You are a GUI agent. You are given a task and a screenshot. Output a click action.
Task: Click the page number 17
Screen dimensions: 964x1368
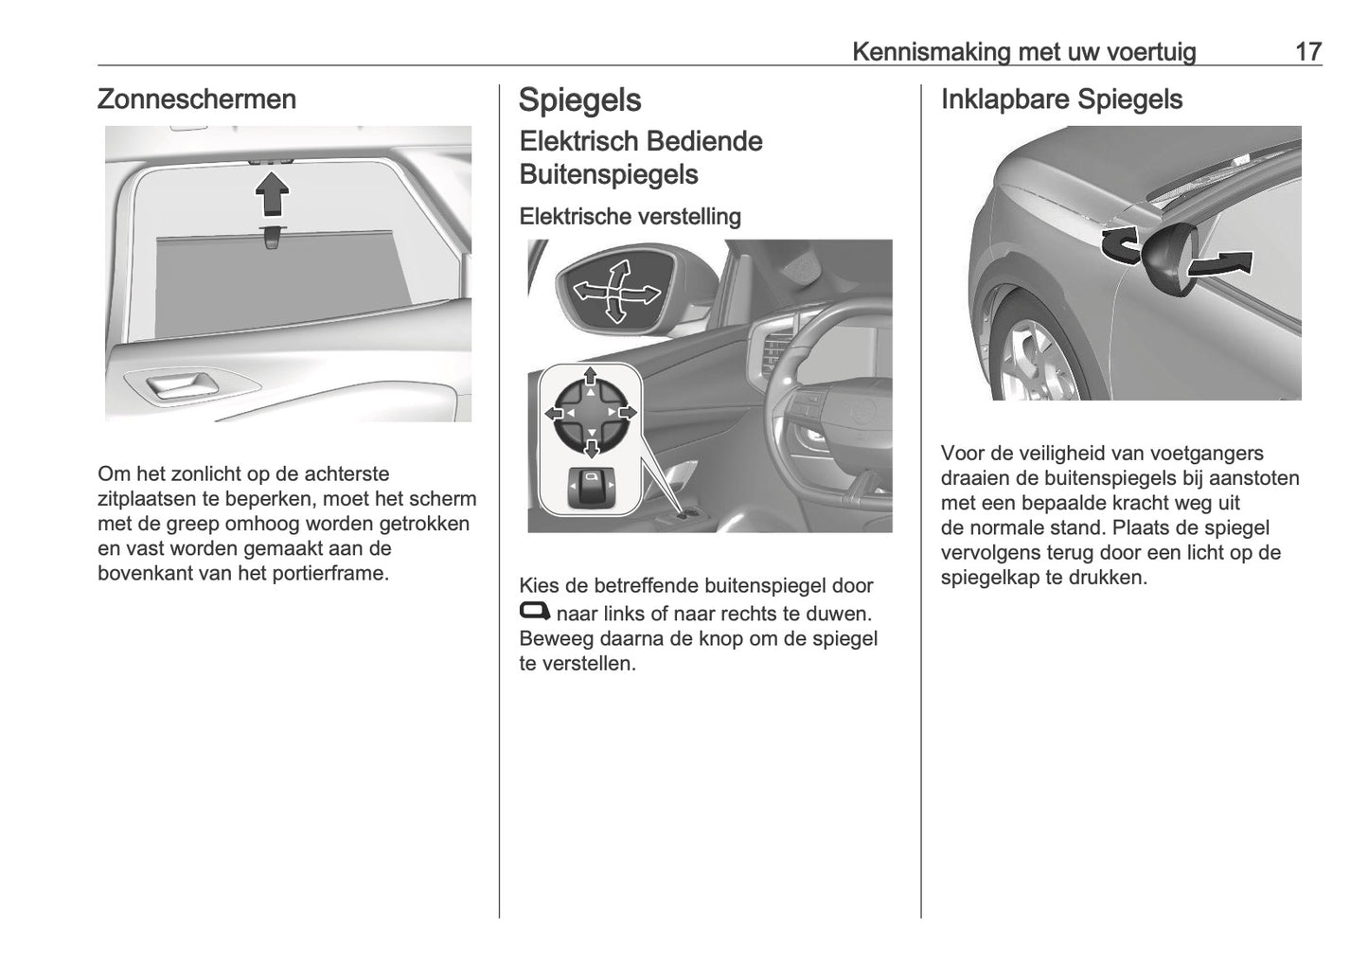pyautogui.click(x=1307, y=51)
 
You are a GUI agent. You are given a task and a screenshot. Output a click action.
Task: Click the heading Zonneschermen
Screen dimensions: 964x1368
pyautogui.click(x=196, y=99)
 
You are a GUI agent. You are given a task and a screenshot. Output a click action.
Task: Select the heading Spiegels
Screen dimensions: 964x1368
pyautogui.click(x=579, y=100)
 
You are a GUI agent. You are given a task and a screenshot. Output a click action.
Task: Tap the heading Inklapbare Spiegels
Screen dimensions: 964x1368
pyautogui.click(x=1061, y=99)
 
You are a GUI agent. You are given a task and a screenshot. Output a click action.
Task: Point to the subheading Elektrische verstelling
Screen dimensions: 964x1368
pyautogui.click(x=630, y=216)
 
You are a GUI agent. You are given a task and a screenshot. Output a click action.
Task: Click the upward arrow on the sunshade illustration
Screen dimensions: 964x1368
pyautogui.click(x=272, y=196)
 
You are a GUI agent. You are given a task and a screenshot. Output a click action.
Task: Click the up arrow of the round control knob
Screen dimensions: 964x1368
pyautogui.click(x=591, y=378)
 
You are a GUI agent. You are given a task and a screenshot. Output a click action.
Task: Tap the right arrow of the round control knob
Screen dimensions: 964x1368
pyautogui.click(x=627, y=414)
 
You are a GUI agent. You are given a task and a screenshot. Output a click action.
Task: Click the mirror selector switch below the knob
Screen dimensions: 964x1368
pyautogui.click(x=591, y=488)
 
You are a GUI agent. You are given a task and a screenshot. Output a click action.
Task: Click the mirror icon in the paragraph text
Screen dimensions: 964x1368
pyautogui.click(x=534, y=612)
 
